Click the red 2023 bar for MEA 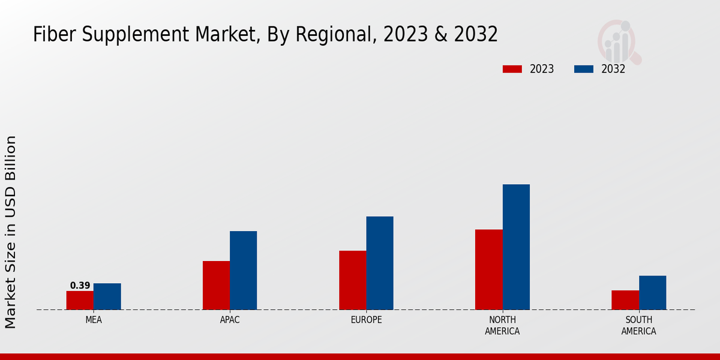tap(80, 300)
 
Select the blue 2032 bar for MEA tap(107, 296)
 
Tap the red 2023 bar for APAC tap(216, 285)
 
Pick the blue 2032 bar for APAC tap(243, 270)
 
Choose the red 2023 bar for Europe tap(352, 280)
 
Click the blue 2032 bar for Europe tap(380, 263)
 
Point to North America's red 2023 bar tap(488, 269)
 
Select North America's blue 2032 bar tap(516, 247)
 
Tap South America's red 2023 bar tap(625, 300)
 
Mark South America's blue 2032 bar tap(652, 292)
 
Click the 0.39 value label tap(80, 286)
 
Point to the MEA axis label tap(94, 320)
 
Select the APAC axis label tap(230, 320)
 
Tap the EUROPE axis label tap(366, 320)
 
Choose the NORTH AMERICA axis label tap(503, 325)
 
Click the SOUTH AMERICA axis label tap(638, 325)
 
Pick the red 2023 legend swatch tap(512, 69)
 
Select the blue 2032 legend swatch tap(584, 69)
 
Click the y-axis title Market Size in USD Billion tap(11, 232)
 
